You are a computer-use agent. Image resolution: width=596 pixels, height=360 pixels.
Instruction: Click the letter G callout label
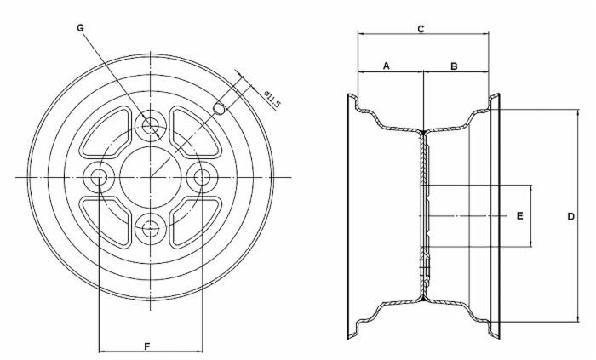click(x=80, y=27)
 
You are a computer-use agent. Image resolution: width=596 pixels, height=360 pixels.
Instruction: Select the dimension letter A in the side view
click(x=387, y=66)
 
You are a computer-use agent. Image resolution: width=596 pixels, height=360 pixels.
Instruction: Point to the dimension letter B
click(x=454, y=66)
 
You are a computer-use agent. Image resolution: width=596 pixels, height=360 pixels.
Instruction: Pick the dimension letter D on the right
click(x=570, y=216)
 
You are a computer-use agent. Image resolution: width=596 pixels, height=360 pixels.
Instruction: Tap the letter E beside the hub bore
click(x=519, y=216)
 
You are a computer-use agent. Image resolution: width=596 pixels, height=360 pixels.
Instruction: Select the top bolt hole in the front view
click(x=152, y=128)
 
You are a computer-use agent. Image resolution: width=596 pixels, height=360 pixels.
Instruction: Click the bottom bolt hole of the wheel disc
click(x=152, y=227)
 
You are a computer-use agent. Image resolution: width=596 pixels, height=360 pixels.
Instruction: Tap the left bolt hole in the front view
click(x=100, y=177)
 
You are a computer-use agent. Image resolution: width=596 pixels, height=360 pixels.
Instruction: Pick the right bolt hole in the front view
click(x=203, y=177)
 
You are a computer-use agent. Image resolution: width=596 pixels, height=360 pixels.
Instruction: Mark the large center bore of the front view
click(x=152, y=177)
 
